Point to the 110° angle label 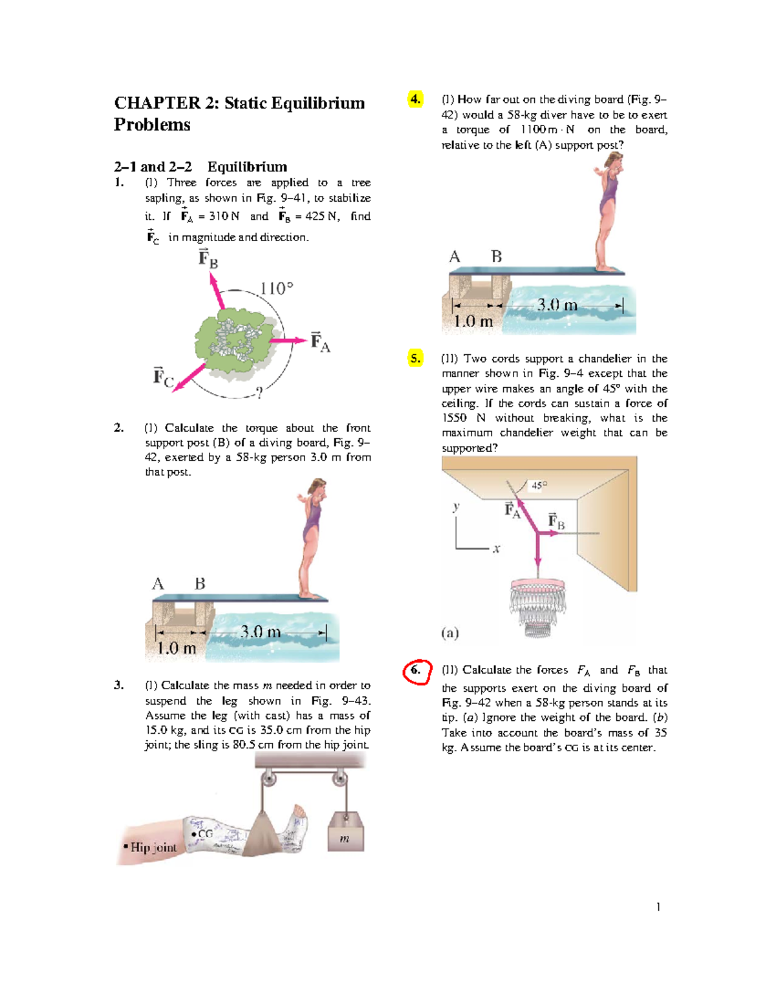276,288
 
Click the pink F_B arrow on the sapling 217,290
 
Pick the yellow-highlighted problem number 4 415,99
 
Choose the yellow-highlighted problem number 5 415,358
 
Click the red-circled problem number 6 416,670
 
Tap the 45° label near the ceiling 539,485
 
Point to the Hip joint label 153,848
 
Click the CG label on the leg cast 205,834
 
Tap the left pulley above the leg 268,779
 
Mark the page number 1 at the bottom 658,907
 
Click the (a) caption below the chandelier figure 450,633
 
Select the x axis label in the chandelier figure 496,550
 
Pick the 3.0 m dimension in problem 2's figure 260,632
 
